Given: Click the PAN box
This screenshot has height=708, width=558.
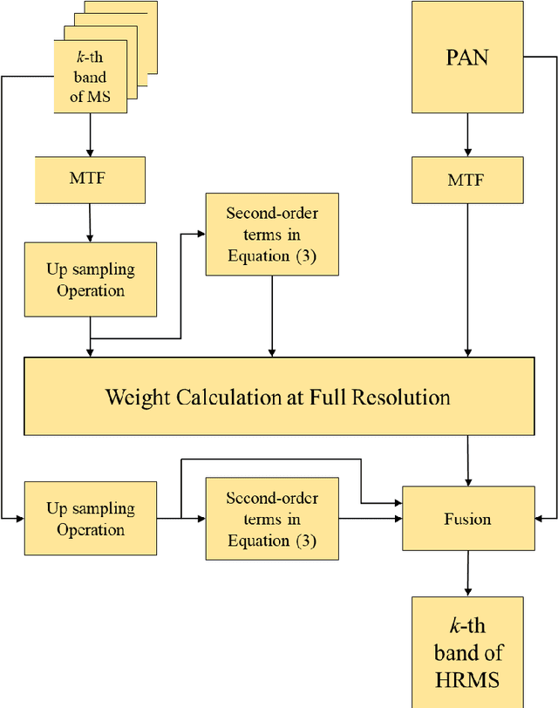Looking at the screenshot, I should click(467, 58).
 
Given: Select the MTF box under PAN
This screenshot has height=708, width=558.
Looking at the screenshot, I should click(467, 180).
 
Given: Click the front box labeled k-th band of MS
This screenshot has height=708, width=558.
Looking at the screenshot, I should click(90, 78).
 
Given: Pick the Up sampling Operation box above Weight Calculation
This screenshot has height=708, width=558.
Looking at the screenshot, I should click(91, 279).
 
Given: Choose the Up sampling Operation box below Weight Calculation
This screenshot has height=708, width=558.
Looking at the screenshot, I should click(91, 518).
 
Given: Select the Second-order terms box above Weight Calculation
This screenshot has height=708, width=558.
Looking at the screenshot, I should click(272, 235).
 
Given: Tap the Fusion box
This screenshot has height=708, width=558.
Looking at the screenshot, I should click(467, 519).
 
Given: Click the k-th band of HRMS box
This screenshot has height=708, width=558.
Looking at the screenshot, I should click(467, 652).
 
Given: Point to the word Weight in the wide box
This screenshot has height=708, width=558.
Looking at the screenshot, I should click(139, 398).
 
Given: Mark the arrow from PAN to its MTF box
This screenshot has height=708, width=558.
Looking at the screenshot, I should click(467, 134).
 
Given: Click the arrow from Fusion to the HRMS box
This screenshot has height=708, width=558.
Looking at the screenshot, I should click(467, 574).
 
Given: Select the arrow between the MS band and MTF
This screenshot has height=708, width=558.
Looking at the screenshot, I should click(91, 135).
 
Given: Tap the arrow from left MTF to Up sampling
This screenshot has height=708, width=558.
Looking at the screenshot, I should click(91, 221).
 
